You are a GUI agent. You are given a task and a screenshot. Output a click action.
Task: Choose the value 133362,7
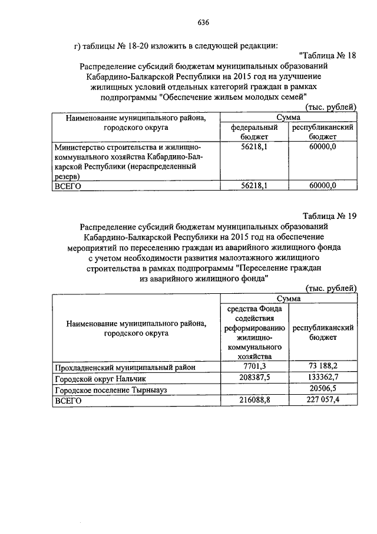tap(323, 378)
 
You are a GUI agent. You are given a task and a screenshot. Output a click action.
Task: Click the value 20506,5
tap(323, 389)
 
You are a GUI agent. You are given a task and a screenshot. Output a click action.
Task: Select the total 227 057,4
tap(323, 400)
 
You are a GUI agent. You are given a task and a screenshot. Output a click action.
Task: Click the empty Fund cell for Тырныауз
tap(254, 389)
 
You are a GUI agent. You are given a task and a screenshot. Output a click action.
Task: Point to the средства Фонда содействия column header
tap(254, 332)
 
